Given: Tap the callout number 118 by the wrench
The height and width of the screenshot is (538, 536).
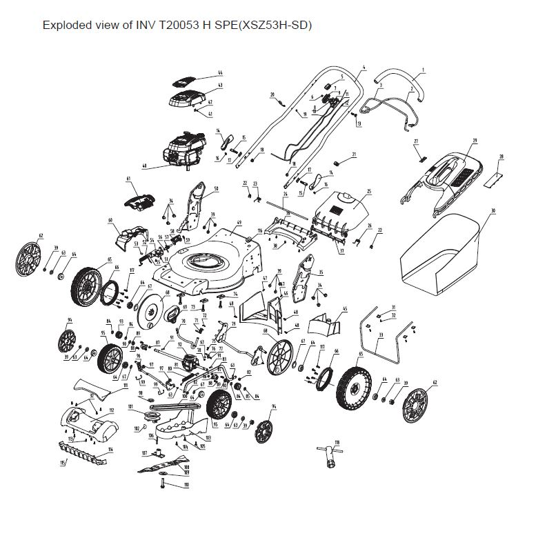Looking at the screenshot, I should coord(337,442).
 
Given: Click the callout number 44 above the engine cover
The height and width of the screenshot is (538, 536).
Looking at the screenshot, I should coord(220,72).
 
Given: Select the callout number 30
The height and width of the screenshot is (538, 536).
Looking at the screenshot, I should coord(493,210).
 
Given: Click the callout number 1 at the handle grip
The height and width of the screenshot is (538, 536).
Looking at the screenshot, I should coord(423,69).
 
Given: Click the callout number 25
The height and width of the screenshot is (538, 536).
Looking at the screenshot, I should coord(369,192).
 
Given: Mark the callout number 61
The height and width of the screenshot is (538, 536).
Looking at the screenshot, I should coord(128,179).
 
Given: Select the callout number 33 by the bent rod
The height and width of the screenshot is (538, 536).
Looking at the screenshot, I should coord(380,334).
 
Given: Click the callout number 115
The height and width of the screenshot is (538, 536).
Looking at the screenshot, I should coord(62,463).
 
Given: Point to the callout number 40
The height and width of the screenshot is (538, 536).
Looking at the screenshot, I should coord(144,166).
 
